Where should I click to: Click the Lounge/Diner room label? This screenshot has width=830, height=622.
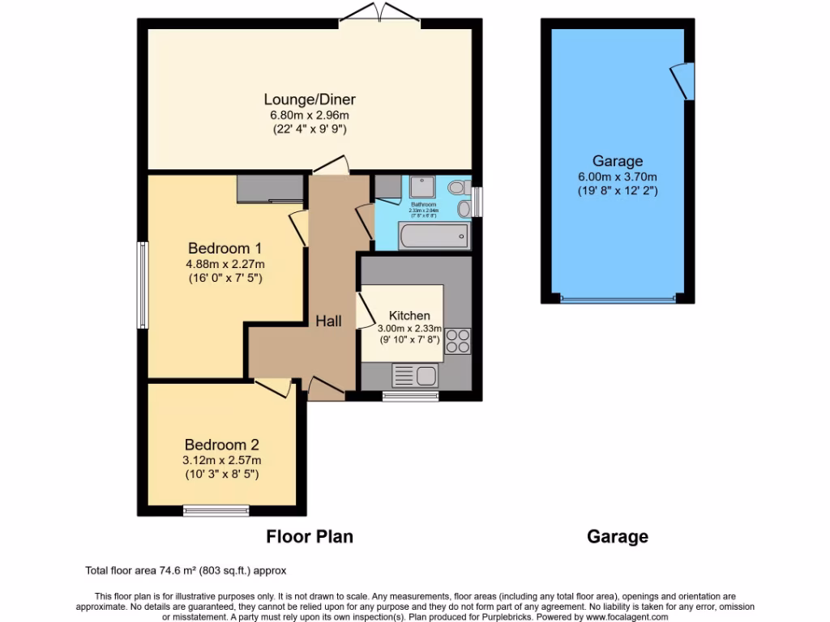[x=310, y=100]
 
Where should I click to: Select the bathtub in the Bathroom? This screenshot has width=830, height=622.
[x=434, y=236]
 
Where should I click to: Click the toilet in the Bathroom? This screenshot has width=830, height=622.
[x=458, y=187]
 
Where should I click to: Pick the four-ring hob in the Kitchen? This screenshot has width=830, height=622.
[x=457, y=341]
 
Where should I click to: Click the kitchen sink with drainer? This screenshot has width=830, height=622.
[x=415, y=375]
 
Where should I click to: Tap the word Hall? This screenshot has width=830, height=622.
[x=328, y=322]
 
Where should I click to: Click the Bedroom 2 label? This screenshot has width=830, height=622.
[x=221, y=445]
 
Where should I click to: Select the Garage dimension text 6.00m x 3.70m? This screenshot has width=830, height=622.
[x=617, y=177]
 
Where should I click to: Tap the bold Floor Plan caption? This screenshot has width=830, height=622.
[x=310, y=536]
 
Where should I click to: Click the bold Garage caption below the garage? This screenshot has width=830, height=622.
[x=617, y=536]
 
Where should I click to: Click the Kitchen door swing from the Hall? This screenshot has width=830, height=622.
[x=366, y=309]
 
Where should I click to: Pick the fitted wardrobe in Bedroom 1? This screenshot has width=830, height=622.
[x=270, y=189]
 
